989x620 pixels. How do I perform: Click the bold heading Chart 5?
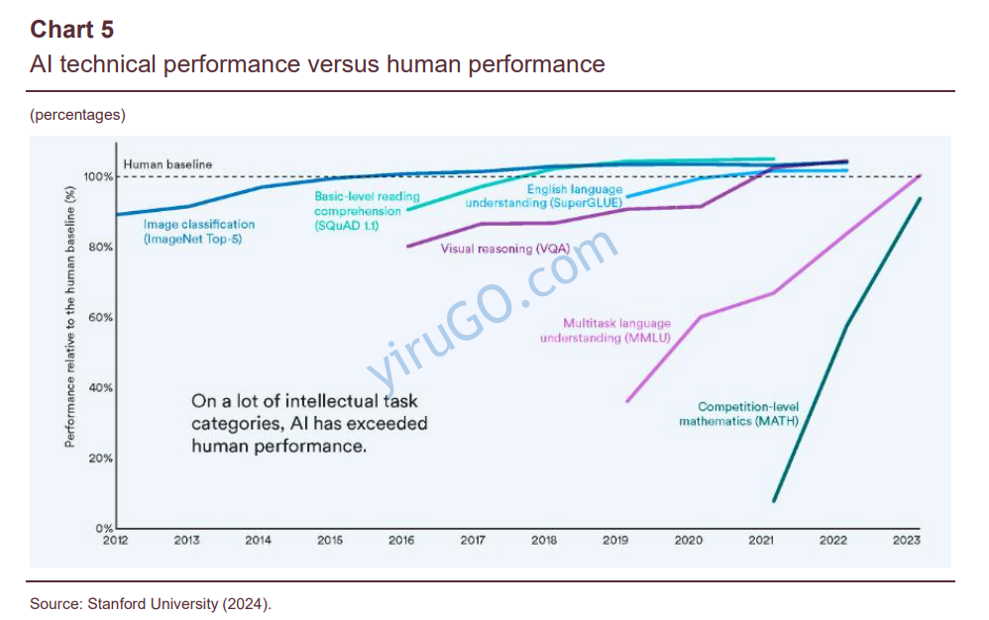tap(71, 29)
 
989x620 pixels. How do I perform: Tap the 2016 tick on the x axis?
tap(401, 540)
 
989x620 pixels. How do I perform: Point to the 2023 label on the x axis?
tap(906, 540)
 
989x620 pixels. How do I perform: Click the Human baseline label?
tap(167, 164)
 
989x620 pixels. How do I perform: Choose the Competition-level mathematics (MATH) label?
tap(739, 414)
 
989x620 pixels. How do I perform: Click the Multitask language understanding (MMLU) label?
tap(604, 331)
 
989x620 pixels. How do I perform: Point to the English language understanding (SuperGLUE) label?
tap(546, 196)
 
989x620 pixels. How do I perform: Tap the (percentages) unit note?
tap(78, 115)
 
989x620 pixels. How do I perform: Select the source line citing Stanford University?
tap(151, 602)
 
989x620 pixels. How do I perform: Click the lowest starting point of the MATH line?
tap(774, 501)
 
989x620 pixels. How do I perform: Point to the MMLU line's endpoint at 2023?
tap(920, 175)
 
